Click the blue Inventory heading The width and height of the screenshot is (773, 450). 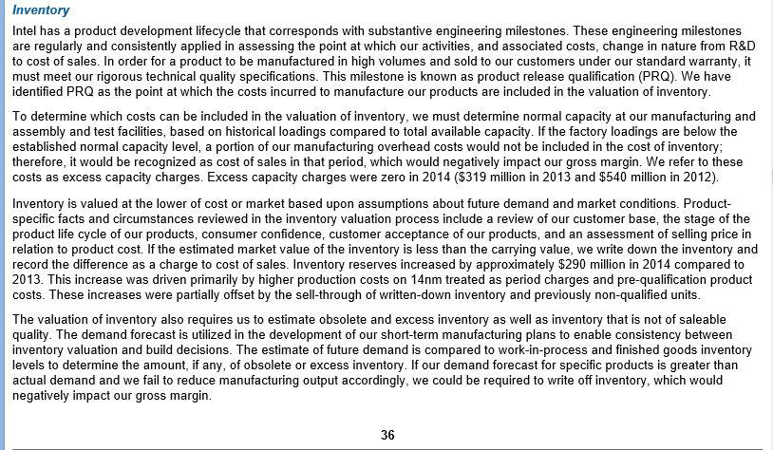point(41,10)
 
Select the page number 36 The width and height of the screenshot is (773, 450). point(387,435)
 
